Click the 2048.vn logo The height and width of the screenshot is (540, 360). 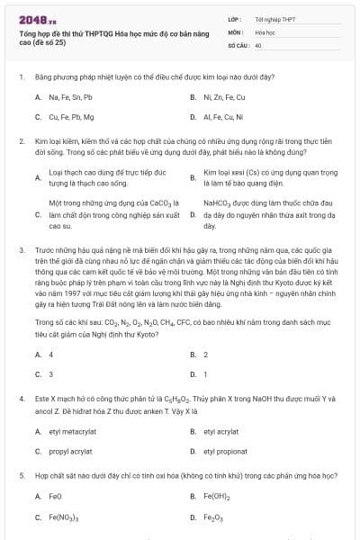tap(32, 17)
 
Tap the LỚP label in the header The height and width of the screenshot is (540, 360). tap(233, 18)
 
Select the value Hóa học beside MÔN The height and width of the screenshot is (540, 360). tap(265, 31)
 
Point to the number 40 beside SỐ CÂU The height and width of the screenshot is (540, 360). tap(258, 43)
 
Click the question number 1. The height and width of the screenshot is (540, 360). tap(21, 78)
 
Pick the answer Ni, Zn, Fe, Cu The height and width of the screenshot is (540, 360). tap(224, 96)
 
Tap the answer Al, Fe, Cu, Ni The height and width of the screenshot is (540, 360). tap(224, 116)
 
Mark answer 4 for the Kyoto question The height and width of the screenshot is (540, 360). tap(51, 355)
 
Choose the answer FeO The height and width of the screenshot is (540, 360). tap(55, 496)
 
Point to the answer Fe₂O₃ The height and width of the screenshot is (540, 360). tap(213, 517)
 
